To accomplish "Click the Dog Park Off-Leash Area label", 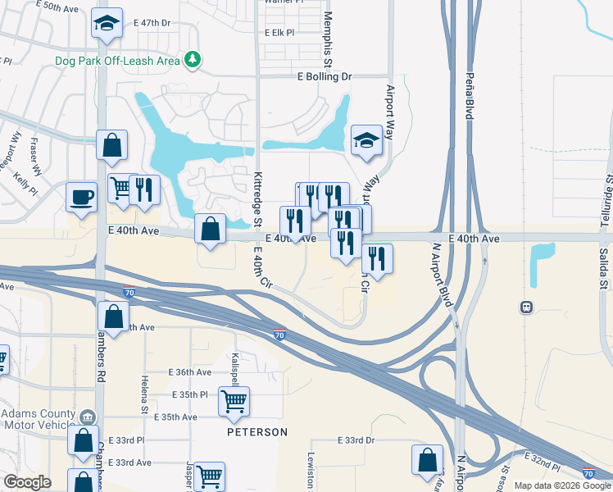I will pos(117,61).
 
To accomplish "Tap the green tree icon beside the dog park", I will pos(193,59).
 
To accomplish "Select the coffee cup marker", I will pos(82,197).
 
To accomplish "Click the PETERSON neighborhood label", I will pos(257,432).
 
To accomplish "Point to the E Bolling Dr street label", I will pos(324,77).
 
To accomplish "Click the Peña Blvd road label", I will pos(470,98).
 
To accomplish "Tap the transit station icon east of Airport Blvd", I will pos(527,307).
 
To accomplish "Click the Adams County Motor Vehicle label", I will pos(41,419).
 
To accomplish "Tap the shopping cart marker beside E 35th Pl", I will pos(234,401).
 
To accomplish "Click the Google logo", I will pos(27,481).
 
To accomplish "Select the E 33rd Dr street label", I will pos(356,440).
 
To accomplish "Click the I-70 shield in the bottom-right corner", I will pos(588,473).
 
